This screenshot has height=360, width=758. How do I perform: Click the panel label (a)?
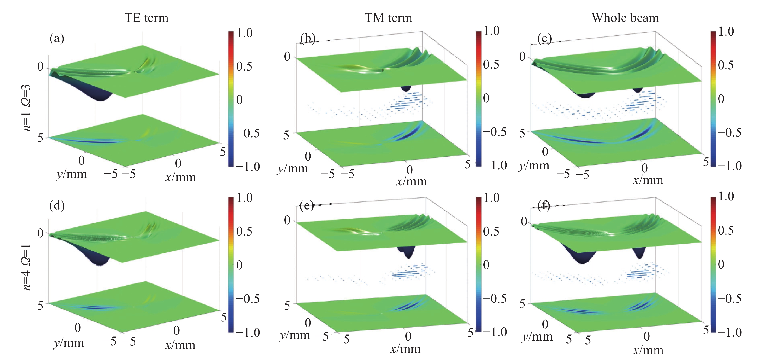57,38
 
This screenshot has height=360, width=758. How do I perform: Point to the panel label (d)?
57,205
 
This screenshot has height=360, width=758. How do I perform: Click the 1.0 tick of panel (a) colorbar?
244,33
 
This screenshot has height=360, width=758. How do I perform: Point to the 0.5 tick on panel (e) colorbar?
491,231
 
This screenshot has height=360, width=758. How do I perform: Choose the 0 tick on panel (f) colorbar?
721,264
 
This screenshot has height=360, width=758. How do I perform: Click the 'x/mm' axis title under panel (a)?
180,177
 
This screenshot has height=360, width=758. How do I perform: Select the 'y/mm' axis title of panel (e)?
295,335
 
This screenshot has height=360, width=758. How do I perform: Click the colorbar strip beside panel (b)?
478,99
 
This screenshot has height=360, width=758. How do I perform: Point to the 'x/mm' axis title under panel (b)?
411,181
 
